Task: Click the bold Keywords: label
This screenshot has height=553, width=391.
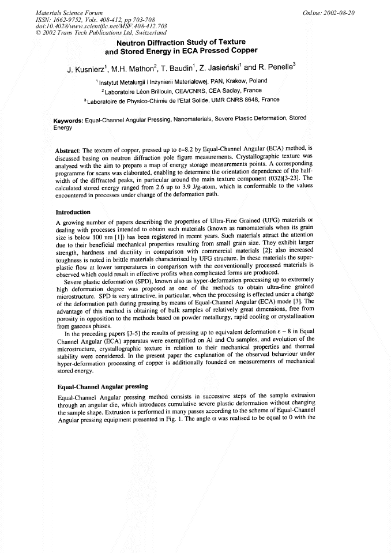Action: [x=69, y=119]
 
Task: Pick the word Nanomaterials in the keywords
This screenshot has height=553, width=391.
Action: [x=188, y=119]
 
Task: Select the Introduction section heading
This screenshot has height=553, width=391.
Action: [x=73, y=212]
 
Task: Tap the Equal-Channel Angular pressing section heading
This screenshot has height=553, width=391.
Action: [x=103, y=386]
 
